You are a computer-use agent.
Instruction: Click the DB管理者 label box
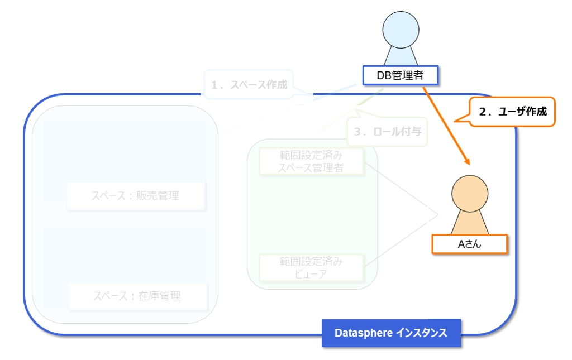pyautogui.click(x=400, y=75)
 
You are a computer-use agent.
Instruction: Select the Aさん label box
pyautogui.click(x=470, y=244)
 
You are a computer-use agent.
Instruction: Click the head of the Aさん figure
pyautogui.click(x=470, y=194)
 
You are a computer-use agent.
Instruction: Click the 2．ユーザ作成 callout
pyautogui.click(x=513, y=112)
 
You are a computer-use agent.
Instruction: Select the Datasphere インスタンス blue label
pyautogui.click(x=391, y=333)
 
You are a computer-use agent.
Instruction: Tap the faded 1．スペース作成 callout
pyautogui.click(x=249, y=85)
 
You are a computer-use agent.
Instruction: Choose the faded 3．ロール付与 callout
pyautogui.click(x=387, y=132)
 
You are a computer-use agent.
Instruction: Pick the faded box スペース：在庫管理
pyautogui.click(x=137, y=296)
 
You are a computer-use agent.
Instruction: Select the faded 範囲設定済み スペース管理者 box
pyautogui.click(x=312, y=161)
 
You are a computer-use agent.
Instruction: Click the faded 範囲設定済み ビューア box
pyautogui.click(x=312, y=267)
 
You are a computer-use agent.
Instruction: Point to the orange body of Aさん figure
pyautogui.click(x=470, y=223)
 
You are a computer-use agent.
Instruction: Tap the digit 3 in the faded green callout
pyautogui.click(x=357, y=132)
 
